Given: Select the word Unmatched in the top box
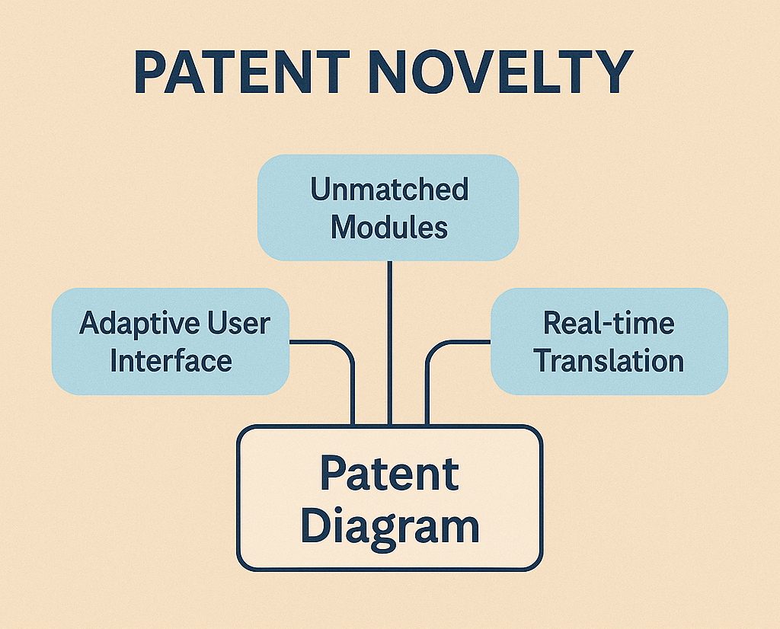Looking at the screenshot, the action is [x=389, y=190].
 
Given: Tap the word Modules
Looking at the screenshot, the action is [x=389, y=227].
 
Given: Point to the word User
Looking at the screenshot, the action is [x=239, y=323].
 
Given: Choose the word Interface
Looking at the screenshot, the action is [x=171, y=360].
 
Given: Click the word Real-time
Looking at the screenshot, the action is [x=609, y=323].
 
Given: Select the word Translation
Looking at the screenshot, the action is [x=609, y=360].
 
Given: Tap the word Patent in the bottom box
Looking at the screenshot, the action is [x=389, y=473].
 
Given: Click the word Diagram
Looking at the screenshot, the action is [x=389, y=526].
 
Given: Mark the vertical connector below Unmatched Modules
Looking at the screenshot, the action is [x=389, y=343].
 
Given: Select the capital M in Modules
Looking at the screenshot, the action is [x=344, y=227].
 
